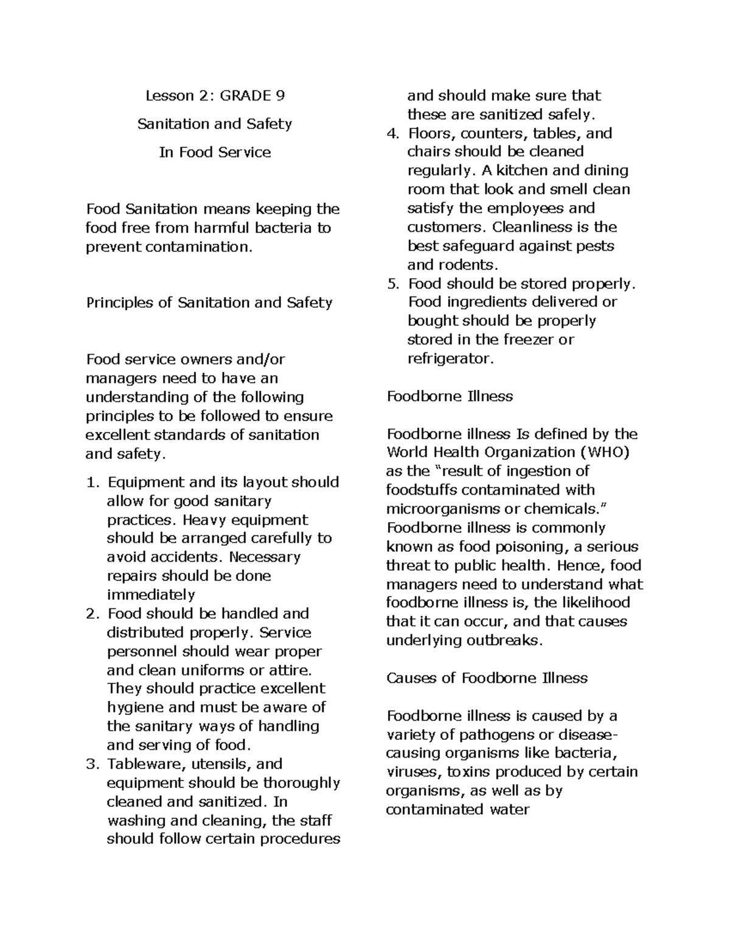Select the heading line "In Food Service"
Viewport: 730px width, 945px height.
[x=215, y=152]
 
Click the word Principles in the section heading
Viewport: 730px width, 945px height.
[x=119, y=302]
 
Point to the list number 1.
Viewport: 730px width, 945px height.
[x=91, y=483]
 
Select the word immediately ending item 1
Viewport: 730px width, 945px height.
[x=150, y=595]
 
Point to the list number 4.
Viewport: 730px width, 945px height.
[x=393, y=133]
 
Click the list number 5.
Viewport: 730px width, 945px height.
[x=393, y=284]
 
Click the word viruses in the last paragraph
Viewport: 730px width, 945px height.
[x=411, y=772]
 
